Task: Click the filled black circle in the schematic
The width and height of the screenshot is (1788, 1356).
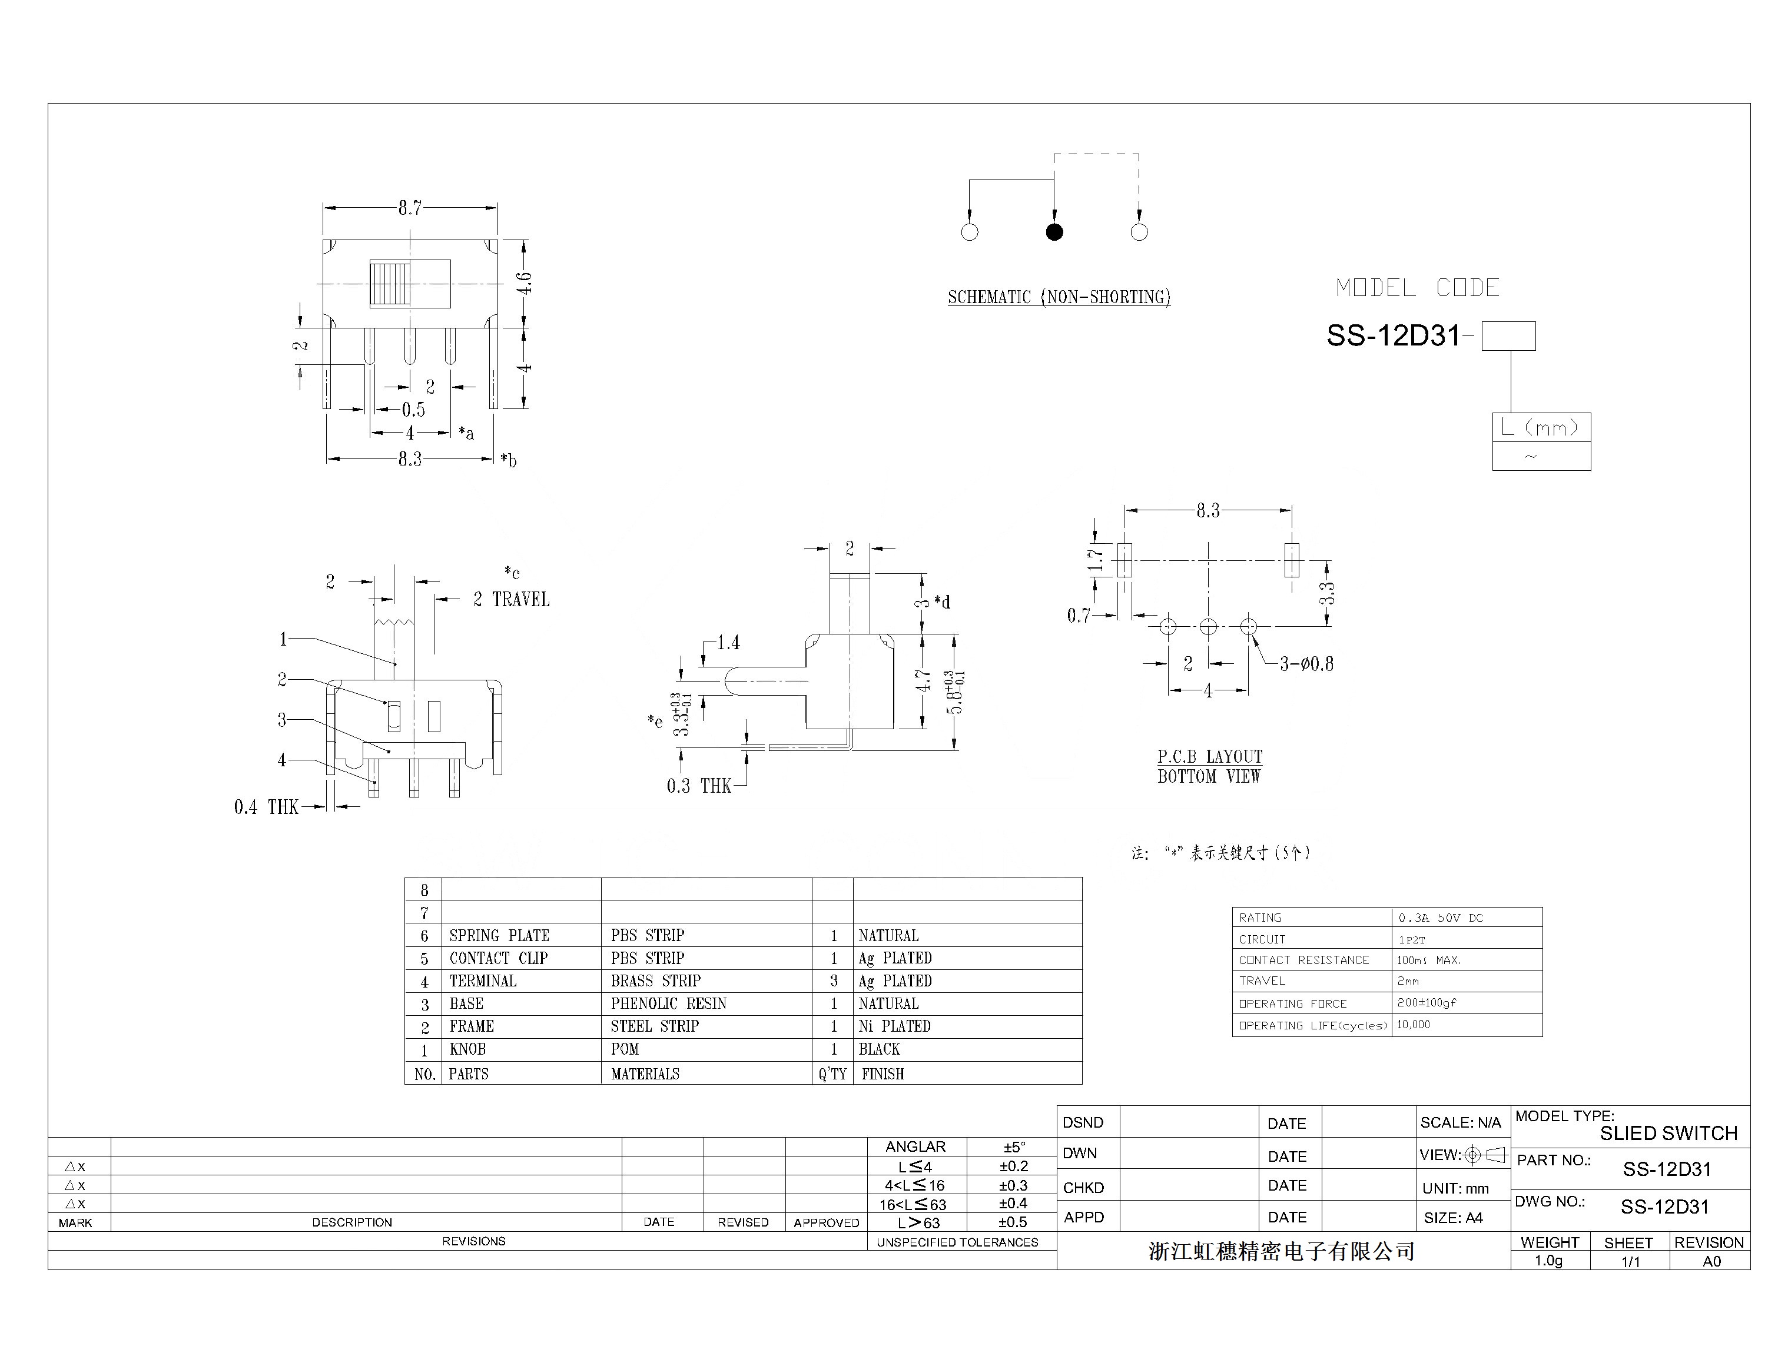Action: click(1054, 232)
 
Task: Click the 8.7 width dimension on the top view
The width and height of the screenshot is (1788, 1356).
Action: click(410, 208)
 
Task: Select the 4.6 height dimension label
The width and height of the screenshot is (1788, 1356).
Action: click(525, 283)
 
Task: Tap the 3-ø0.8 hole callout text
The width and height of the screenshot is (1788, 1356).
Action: click(1306, 664)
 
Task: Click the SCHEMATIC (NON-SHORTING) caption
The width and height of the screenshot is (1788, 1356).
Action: click(1059, 297)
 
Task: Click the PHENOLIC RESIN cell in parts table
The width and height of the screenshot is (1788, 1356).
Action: click(668, 1003)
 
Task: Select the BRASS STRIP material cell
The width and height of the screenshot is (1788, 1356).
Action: click(655, 981)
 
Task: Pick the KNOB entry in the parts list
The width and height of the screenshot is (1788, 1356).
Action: click(468, 1049)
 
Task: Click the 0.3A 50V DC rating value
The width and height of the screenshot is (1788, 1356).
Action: click(1441, 918)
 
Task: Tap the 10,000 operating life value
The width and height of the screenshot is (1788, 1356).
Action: click(1414, 1025)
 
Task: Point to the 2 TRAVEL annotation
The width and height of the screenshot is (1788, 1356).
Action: click(511, 600)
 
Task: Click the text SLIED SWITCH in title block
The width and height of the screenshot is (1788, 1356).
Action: click(1668, 1133)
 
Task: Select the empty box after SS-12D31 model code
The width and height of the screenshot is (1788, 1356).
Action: click(1508, 336)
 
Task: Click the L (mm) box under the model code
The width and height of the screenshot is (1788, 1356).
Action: click(1541, 427)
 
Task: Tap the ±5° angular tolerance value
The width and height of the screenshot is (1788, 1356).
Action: click(1014, 1146)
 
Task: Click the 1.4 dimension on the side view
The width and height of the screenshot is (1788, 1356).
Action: click(728, 643)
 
